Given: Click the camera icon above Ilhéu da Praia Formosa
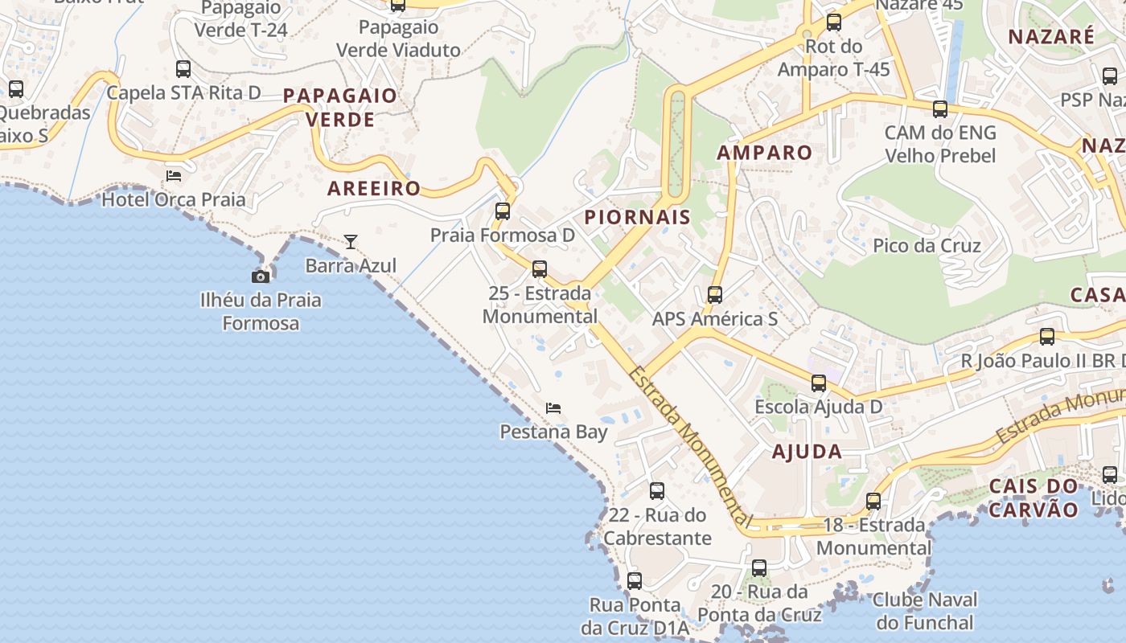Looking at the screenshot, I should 261,276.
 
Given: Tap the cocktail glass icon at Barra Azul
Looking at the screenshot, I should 351,241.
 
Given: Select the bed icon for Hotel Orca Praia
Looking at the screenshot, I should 174,175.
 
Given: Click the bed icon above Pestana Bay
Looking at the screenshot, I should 553,408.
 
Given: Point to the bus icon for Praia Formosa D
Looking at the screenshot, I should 503,211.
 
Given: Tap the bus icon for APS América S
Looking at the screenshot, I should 715,295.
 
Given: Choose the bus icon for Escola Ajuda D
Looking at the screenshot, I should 819,383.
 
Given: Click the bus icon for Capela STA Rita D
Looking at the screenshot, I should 183,69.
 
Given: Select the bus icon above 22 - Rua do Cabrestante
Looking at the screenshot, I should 657,491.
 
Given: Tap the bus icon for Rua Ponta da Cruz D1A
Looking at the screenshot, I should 635,581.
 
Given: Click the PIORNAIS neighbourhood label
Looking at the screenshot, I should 637,217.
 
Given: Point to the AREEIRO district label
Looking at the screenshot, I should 374,189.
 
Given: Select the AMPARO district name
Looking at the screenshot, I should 764,153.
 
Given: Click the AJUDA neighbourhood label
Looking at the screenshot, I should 807,452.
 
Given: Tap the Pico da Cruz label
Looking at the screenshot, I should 927,245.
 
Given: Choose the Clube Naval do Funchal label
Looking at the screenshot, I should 925,611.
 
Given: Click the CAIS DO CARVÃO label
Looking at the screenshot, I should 1034,498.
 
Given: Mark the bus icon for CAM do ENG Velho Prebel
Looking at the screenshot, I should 940,109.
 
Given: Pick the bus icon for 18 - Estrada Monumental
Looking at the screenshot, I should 873,502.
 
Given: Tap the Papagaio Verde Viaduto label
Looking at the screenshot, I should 398,38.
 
